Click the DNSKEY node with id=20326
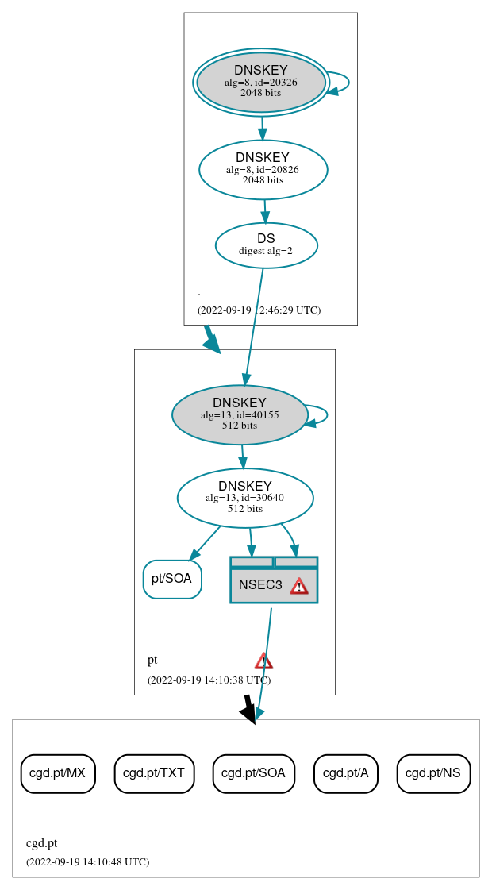click(261, 83)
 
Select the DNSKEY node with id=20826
click(263, 169)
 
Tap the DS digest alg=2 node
click(266, 245)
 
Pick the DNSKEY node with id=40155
click(240, 414)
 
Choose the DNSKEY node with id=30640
click(245, 498)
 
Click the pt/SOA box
click(172, 579)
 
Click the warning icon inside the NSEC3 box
click(298, 586)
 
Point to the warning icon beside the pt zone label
click(263, 661)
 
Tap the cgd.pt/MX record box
click(58, 773)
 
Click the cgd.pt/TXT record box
click(155, 773)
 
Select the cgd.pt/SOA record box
click(254, 773)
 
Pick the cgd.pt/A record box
click(346, 773)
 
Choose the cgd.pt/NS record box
click(433, 773)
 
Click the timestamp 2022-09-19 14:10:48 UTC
click(87, 862)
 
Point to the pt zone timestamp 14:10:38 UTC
click(209, 680)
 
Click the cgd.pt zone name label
click(42, 843)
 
